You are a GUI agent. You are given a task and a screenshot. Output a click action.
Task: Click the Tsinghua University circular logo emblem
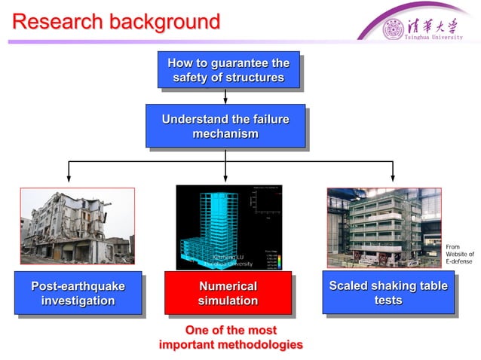(394, 29)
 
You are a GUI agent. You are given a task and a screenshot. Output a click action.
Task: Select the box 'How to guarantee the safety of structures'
(228, 69)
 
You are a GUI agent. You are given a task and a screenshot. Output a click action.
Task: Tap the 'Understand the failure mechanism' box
(225, 126)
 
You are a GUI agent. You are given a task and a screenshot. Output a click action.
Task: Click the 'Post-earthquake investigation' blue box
(78, 293)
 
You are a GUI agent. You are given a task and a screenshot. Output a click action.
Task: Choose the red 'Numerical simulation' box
(228, 293)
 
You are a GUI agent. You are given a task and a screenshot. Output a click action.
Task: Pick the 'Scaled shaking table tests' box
(388, 292)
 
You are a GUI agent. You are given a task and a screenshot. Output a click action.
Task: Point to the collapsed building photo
(77, 226)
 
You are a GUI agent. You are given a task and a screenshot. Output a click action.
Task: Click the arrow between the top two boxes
(225, 96)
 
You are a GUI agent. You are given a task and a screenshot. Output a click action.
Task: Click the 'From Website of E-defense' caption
(459, 254)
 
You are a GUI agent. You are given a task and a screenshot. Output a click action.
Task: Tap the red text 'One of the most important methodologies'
(231, 337)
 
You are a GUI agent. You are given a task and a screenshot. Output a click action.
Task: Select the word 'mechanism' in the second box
(225, 134)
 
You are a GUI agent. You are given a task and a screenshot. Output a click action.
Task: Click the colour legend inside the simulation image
(274, 258)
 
